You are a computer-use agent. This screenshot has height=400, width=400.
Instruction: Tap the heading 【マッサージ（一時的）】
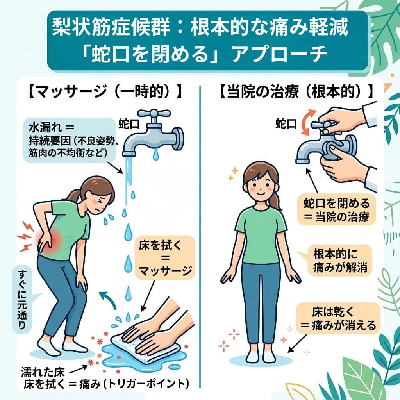tap(105, 93)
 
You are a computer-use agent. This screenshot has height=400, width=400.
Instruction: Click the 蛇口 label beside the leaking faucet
tap(129, 124)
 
